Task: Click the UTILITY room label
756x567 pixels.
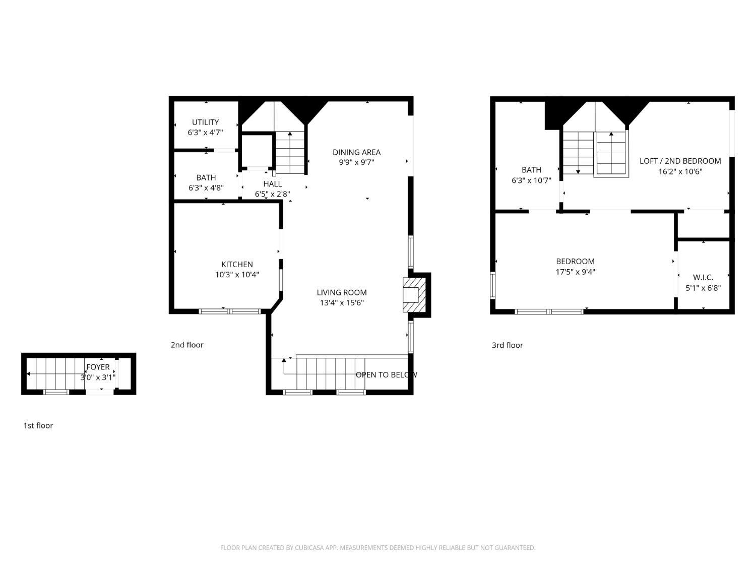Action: coord(205,122)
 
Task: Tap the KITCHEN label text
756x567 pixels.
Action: coord(237,265)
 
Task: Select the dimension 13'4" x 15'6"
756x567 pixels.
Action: coord(342,303)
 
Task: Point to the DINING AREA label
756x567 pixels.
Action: coord(356,152)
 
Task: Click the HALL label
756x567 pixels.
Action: coord(273,184)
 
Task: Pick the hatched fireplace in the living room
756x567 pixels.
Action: coord(415,295)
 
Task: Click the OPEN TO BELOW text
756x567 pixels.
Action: coord(387,374)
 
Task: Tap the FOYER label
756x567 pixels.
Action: coord(98,367)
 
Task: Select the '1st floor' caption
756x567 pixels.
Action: coord(38,425)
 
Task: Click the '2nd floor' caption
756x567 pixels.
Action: coord(187,345)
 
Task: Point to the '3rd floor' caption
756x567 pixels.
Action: coord(508,345)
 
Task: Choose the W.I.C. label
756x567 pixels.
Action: coord(703,278)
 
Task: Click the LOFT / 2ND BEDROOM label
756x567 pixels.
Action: coord(680,161)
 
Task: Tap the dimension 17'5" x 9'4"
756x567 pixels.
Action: coord(575,272)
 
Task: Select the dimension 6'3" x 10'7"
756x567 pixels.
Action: coord(531,180)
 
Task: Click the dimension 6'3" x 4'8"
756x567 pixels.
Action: coord(206,188)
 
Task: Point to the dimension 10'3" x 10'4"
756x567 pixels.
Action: coord(237,275)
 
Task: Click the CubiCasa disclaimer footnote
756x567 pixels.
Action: coord(378,548)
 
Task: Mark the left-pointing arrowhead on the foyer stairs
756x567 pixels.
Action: coord(29,374)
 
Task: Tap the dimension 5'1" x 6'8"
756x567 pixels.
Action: coord(703,288)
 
